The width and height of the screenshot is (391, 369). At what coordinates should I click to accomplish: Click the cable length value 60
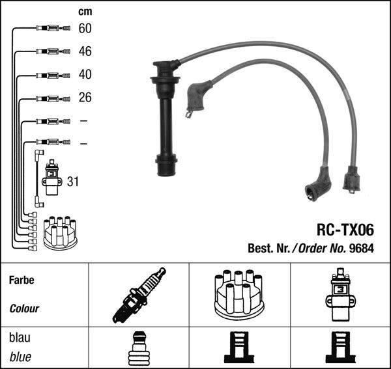click(85, 28)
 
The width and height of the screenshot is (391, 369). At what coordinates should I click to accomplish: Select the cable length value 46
click(85, 51)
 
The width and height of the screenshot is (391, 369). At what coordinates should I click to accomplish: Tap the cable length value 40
click(85, 74)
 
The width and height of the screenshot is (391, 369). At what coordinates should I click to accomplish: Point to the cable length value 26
click(85, 98)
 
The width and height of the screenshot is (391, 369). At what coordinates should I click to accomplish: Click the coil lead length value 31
click(73, 182)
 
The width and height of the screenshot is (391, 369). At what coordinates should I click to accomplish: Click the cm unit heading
click(85, 12)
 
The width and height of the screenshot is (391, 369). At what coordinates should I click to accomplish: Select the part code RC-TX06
click(345, 230)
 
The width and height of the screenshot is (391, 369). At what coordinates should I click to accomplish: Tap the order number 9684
click(362, 248)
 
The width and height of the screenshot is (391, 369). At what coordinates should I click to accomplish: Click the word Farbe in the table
click(22, 280)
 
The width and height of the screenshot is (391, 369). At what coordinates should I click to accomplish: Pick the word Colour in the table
click(24, 308)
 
